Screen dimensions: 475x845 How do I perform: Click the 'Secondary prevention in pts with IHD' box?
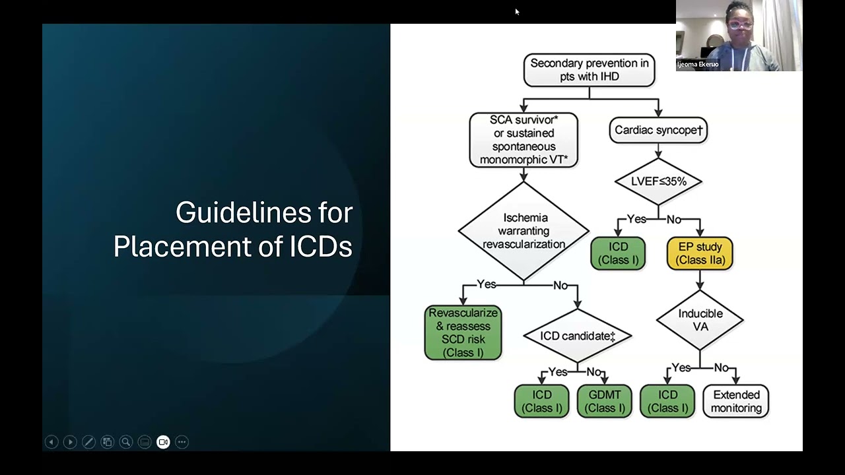[589, 70]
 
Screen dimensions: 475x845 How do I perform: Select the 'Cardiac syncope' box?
[658, 130]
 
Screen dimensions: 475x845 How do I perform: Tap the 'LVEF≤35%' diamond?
[658, 181]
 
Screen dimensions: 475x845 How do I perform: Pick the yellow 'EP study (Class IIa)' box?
[700, 253]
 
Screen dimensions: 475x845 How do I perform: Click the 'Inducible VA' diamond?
[700, 320]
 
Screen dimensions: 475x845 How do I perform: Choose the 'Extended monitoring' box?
[736, 401]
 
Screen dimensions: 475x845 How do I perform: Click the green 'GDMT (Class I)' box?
[604, 401]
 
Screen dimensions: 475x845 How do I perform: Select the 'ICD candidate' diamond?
[577, 336]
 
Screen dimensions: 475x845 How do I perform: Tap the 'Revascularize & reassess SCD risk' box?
[463, 332]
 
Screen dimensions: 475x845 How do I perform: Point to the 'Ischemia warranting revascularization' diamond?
[524, 231]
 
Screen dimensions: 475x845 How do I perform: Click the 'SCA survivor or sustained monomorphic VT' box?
[524, 139]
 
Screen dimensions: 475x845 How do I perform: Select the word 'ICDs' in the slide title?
[321, 246]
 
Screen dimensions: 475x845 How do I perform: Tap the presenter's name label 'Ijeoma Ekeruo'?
[698, 65]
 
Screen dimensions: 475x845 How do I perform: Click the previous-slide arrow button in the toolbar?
[51, 442]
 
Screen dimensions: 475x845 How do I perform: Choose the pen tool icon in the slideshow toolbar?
[88, 442]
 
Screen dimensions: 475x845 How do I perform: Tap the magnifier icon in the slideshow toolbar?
[126, 442]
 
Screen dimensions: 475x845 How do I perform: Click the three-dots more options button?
[182, 442]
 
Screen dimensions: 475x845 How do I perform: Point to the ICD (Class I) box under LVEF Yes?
[618, 253]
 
